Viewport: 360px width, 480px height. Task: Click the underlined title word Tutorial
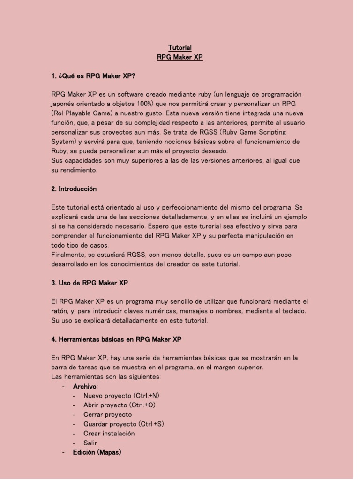tap(180, 48)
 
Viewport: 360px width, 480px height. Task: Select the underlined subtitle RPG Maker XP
tap(180, 57)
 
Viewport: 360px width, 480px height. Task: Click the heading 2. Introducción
tap(74, 189)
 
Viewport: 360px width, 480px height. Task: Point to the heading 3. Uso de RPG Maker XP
tap(90, 283)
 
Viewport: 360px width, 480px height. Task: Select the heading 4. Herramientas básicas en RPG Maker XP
tap(116, 339)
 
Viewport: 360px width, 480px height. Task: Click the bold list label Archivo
tap(85, 386)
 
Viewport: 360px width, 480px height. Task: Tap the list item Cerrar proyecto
tap(107, 414)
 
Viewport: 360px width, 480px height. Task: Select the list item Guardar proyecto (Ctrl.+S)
tap(123, 424)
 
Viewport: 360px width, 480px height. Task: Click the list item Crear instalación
tap(109, 433)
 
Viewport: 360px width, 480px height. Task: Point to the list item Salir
tap(90, 442)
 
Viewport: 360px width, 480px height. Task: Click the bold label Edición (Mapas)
tap(97, 452)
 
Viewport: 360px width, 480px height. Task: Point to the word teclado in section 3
tap(293, 311)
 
